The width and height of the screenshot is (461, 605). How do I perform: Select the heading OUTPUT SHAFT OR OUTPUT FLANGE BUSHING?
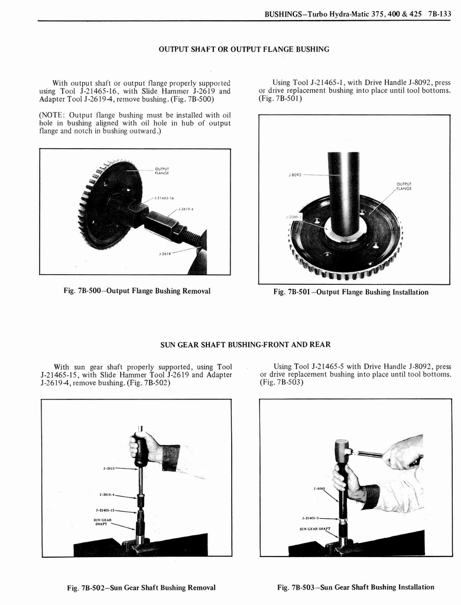(244, 49)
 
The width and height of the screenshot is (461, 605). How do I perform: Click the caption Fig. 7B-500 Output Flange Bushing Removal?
(137, 291)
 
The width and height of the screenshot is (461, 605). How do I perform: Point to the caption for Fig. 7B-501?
(350, 292)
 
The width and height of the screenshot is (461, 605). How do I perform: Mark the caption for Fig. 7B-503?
(355, 587)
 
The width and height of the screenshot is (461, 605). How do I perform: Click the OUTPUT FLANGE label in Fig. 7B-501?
(404, 186)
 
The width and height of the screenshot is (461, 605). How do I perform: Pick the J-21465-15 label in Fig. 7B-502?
(107, 509)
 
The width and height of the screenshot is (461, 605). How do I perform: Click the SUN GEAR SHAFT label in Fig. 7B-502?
(102, 522)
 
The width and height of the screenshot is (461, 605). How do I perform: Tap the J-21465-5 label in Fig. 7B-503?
(312, 518)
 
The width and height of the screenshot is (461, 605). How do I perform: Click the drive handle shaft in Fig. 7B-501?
(344, 189)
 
